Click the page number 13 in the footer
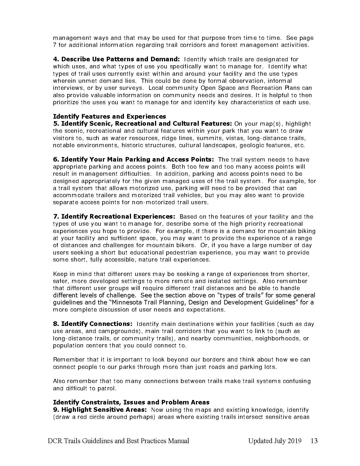pos(314,441)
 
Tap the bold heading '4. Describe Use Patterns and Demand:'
pos(116,59)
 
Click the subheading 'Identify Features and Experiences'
pos(110,116)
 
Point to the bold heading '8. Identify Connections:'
pos(93,324)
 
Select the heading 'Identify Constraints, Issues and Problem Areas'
pos(131,402)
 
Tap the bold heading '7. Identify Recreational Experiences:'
pos(114,217)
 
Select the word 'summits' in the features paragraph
pos(208,138)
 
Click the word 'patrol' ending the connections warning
pos(106,388)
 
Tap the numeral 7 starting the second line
pos(55,45)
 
